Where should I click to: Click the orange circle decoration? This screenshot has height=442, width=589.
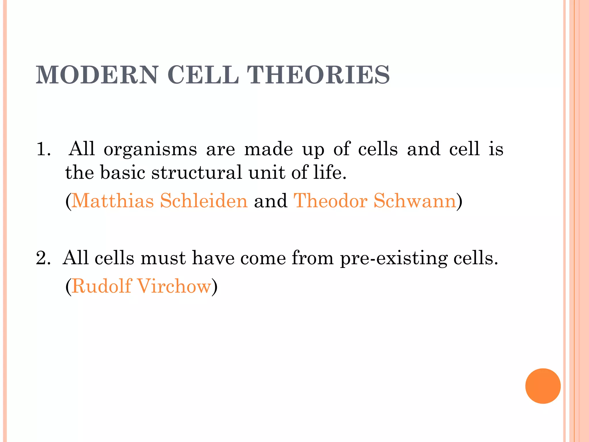click(x=543, y=386)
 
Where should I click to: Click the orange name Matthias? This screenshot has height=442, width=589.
click(x=112, y=201)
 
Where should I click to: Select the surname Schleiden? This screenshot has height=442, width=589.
click(x=204, y=201)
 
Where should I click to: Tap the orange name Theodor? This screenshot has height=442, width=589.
click(x=330, y=201)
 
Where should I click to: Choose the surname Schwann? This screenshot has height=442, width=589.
click(x=415, y=201)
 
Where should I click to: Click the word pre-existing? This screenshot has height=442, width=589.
click(x=394, y=258)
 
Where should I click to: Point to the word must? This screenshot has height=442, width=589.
click(x=163, y=258)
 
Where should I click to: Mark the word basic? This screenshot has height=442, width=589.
click(x=123, y=173)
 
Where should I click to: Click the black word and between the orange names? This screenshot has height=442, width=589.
click(x=270, y=201)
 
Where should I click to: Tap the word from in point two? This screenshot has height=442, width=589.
click(x=313, y=258)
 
